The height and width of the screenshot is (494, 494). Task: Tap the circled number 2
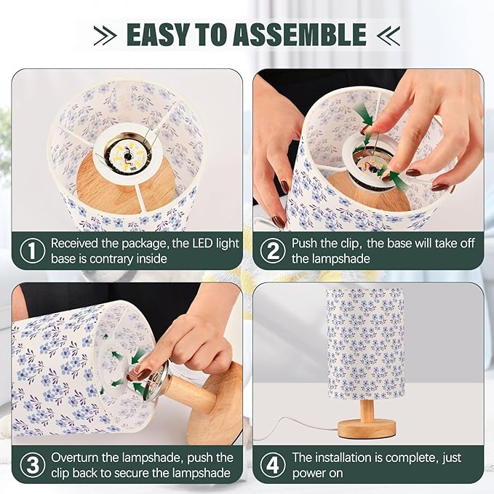[x=272, y=251]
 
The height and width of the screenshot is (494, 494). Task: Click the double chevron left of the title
[x=106, y=34]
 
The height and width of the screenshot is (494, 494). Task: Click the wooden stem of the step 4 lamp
[x=368, y=409]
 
